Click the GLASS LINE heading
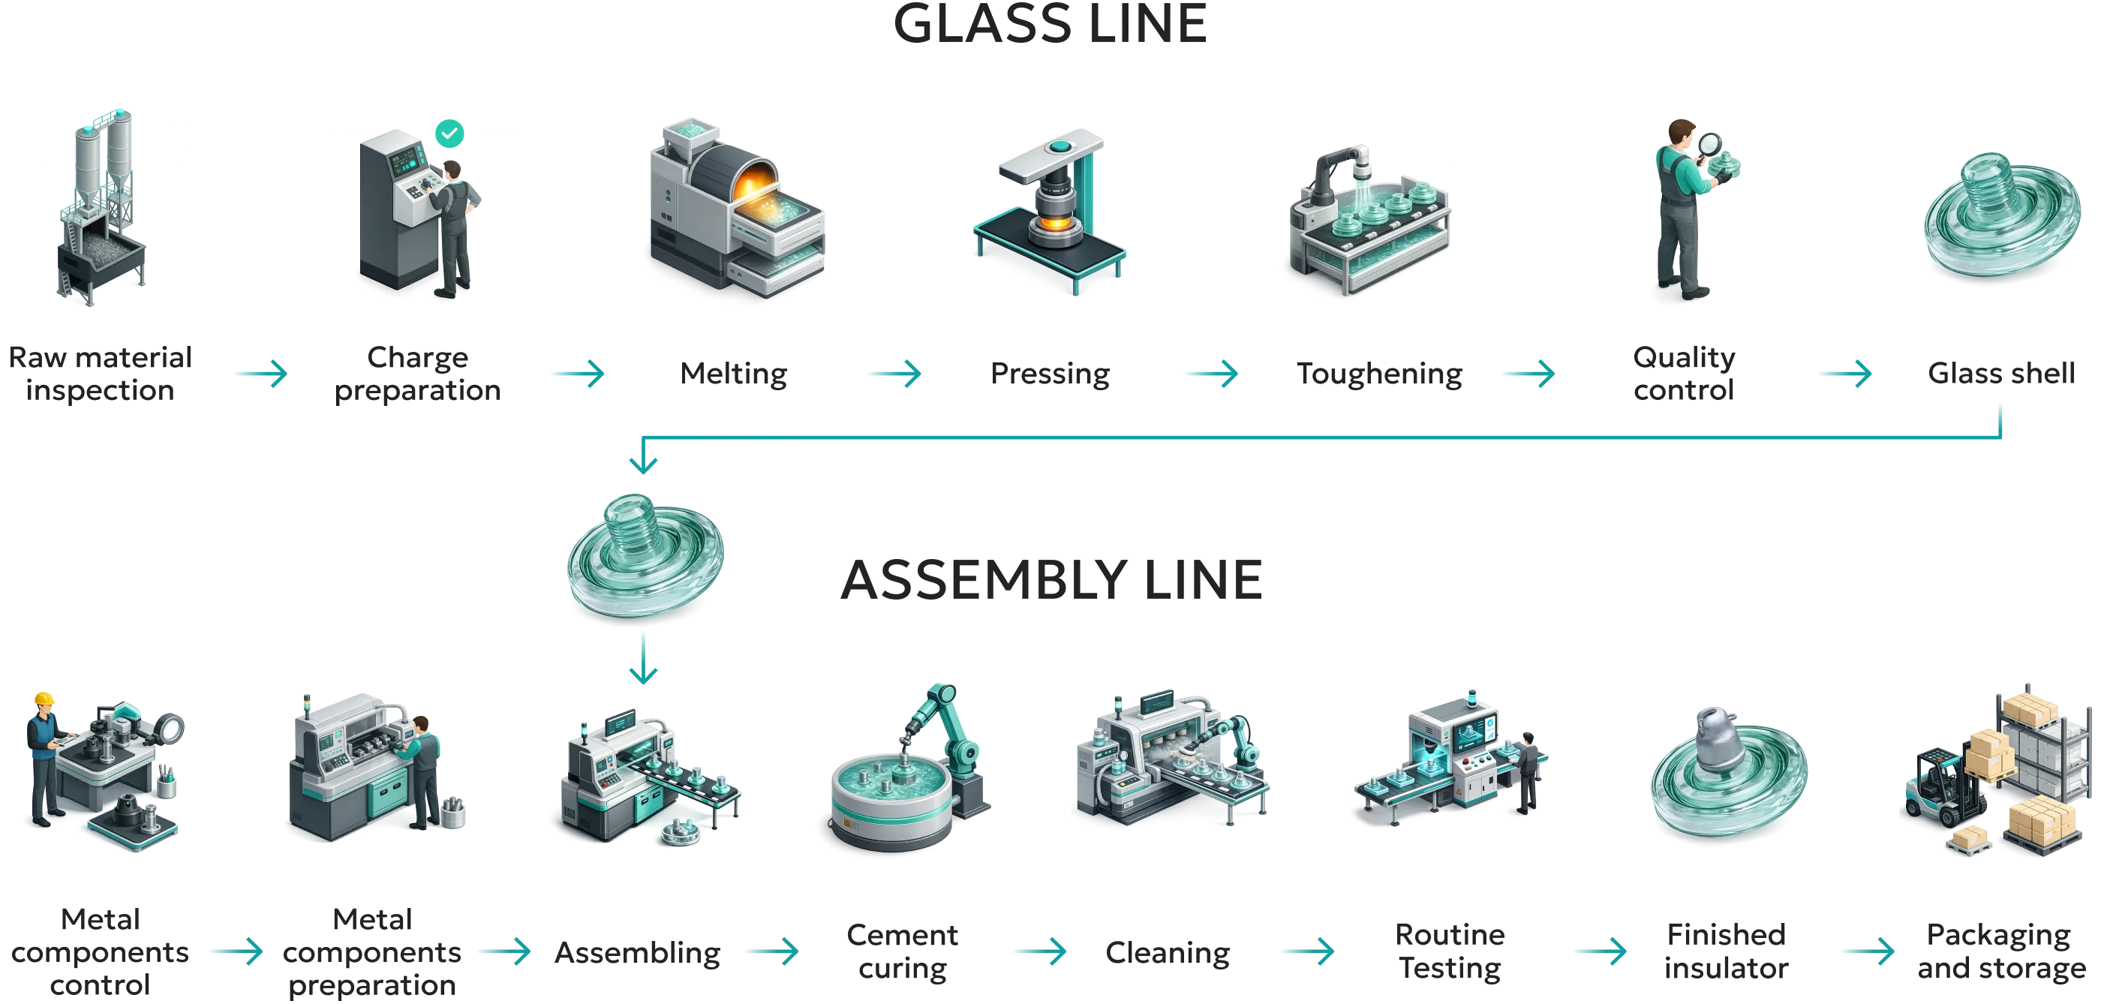(1050, 24)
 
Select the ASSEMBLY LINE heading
(1051, 580)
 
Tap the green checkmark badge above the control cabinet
(449, 133)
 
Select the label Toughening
(1379, 374)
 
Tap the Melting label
(733, 374)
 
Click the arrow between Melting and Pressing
(894, 374)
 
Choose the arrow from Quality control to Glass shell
(1845, 374)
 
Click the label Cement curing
(902, 951)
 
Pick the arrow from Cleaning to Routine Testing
(1308, 950)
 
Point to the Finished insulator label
(1726, 951)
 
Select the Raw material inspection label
(101, 374)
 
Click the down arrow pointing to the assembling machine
(644, 659)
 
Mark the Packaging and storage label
(2001, 951)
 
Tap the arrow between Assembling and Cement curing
(772, 950)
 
